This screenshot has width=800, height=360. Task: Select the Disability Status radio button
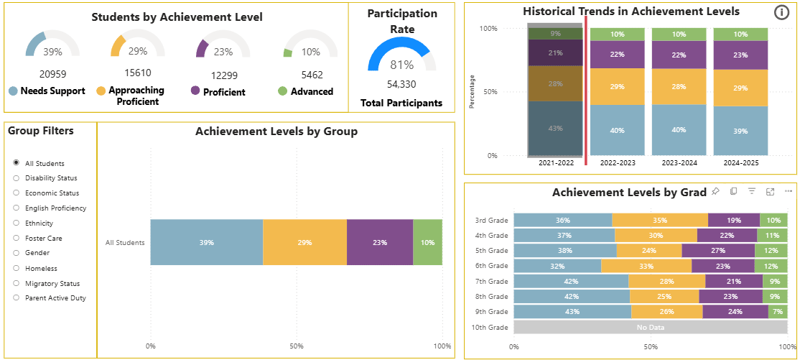[x=16, y=178]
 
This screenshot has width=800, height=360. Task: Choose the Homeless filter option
[x=16, y=268]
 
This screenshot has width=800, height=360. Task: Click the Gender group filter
[x=16, y=253]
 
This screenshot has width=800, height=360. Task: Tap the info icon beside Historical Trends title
[x=781, y=12]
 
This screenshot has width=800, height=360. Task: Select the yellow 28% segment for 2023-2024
[x=679, y=86]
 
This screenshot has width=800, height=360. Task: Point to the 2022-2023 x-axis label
[x=617, y=163]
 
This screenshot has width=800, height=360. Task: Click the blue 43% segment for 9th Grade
[x=572, y=312]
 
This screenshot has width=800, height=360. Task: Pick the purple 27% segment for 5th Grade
[x=718, y=251]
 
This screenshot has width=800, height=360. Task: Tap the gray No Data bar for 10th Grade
[x=650, y=328]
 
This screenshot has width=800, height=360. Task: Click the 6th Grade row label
[x=491, y=266]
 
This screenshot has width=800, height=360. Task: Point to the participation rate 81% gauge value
[x=401, y=65]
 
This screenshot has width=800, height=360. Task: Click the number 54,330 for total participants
[x=401, y=84]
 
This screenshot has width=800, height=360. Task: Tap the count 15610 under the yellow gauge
[x=137, y=73]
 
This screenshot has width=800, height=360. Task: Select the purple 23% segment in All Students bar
[x=380, y=243]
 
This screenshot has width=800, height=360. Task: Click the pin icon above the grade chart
[x=715, y=191]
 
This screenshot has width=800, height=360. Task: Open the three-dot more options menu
[x=789, y=191]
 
